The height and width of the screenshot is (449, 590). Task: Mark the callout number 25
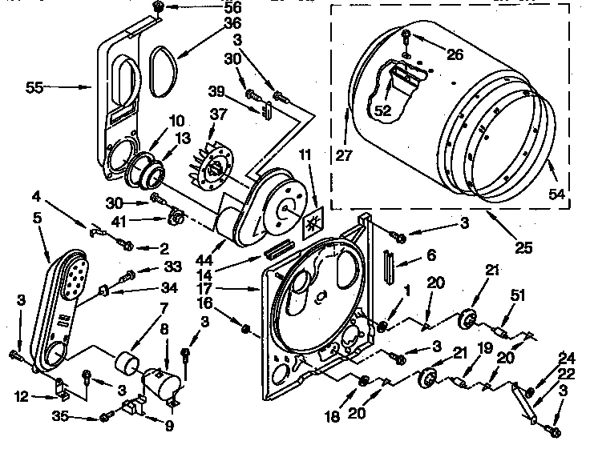click(523, 249)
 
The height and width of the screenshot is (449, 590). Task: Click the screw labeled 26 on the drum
click(407, 36)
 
